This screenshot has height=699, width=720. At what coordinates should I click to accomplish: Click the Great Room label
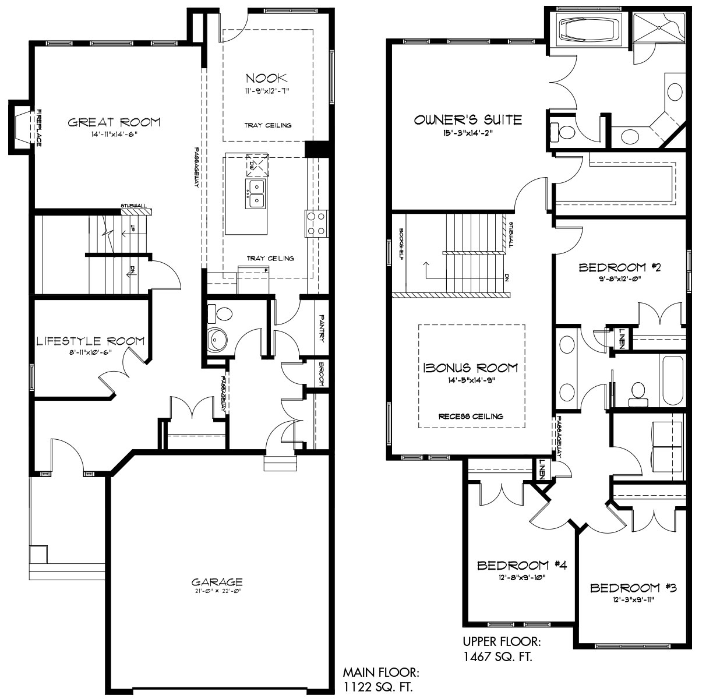pyautogui.click(x=114, y=122)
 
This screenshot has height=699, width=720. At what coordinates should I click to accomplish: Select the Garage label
pyautogui.click(x=217, y=581)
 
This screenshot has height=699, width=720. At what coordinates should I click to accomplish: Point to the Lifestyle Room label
pyautogui.click(x=90, y=341)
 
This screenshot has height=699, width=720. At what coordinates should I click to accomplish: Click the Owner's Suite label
pyautogui.click(x=468, y=120)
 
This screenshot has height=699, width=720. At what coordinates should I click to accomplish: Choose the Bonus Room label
pyautogui.click(x=471, y=368)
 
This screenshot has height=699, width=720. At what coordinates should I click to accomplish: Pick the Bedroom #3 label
pyautogui.click(x=633, y=588)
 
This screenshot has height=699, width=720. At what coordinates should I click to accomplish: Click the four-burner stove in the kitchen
pyautogui.click(x=315, y=223)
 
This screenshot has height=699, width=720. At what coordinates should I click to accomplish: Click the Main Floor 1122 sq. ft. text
pyautogui.click(x=379, y=680)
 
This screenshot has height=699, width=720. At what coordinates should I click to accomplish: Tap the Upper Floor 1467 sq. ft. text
pyautogui.click(x=502, y=649)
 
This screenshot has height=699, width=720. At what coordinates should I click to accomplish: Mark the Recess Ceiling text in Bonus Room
pyautogui.click(x=471, y=416)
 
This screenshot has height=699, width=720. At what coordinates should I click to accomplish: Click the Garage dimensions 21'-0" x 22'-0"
pyautogui.click(x=217, y=591)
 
